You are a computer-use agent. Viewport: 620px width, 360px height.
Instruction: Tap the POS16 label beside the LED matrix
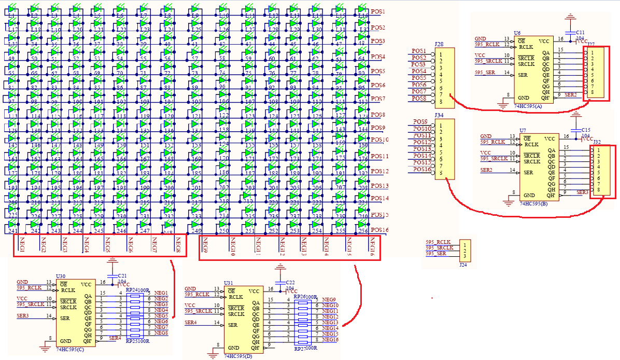379,230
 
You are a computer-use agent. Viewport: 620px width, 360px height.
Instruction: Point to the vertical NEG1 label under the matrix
22,245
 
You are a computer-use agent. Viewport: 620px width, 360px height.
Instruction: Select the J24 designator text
462,265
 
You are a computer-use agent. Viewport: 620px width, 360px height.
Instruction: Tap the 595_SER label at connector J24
435,254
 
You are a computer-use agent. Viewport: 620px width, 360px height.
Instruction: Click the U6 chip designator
517,33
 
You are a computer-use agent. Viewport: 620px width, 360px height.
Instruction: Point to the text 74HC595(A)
528,106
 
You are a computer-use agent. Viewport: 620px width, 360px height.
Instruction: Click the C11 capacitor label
580,32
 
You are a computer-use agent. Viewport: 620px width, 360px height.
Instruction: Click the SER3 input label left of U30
23,315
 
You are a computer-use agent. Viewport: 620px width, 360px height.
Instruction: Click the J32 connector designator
597,142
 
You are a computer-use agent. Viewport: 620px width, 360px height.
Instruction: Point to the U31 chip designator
228,283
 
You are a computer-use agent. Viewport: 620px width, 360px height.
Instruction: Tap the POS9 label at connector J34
420,122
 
